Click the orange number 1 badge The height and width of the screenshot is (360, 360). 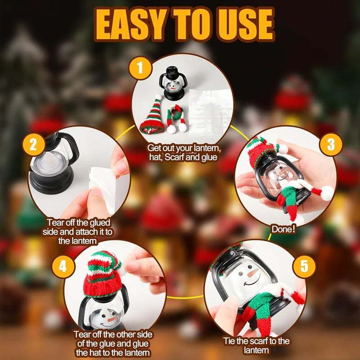point(140,68)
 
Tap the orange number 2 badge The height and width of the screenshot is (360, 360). point(33,145)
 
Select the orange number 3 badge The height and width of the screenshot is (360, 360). point(331,144)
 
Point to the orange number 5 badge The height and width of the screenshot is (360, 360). point(304,266)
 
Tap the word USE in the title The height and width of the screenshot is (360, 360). point(246,25)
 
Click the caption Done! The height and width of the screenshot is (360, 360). point(283,229)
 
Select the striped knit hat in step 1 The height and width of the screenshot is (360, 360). point(152,116)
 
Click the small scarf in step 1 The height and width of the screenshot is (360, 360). point(176,118)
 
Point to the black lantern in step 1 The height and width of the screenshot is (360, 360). point(172,83)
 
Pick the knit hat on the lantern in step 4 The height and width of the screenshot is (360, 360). point(103,274)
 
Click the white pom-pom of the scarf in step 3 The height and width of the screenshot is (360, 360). point(327,193)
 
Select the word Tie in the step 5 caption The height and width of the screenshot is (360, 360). point(229,341)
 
